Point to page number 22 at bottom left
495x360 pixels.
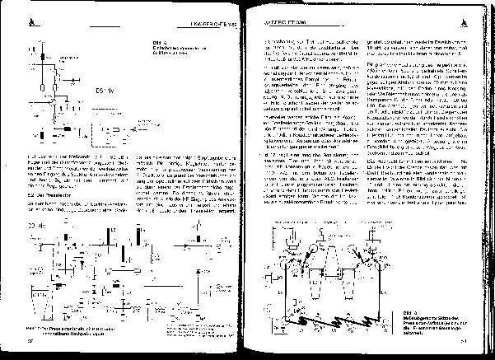point(30,339)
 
